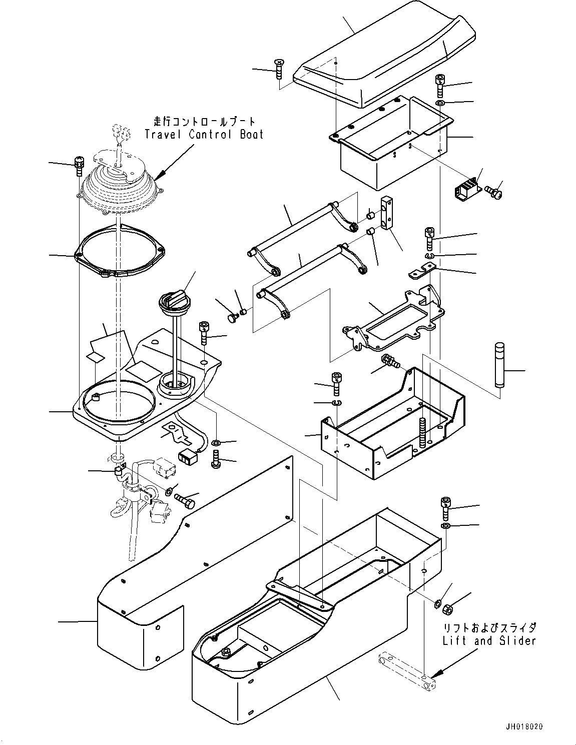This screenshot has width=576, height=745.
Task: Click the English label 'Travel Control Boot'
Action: click(204, 134)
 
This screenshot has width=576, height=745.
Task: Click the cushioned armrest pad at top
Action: click(384, 55)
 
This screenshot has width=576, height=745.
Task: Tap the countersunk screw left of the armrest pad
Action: click(279, 69)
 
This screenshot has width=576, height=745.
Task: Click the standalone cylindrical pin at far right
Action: click(500, 365)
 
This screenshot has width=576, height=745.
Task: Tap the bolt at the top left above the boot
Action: click(79, 165)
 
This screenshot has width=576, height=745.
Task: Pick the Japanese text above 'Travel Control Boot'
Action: click(204, 122)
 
